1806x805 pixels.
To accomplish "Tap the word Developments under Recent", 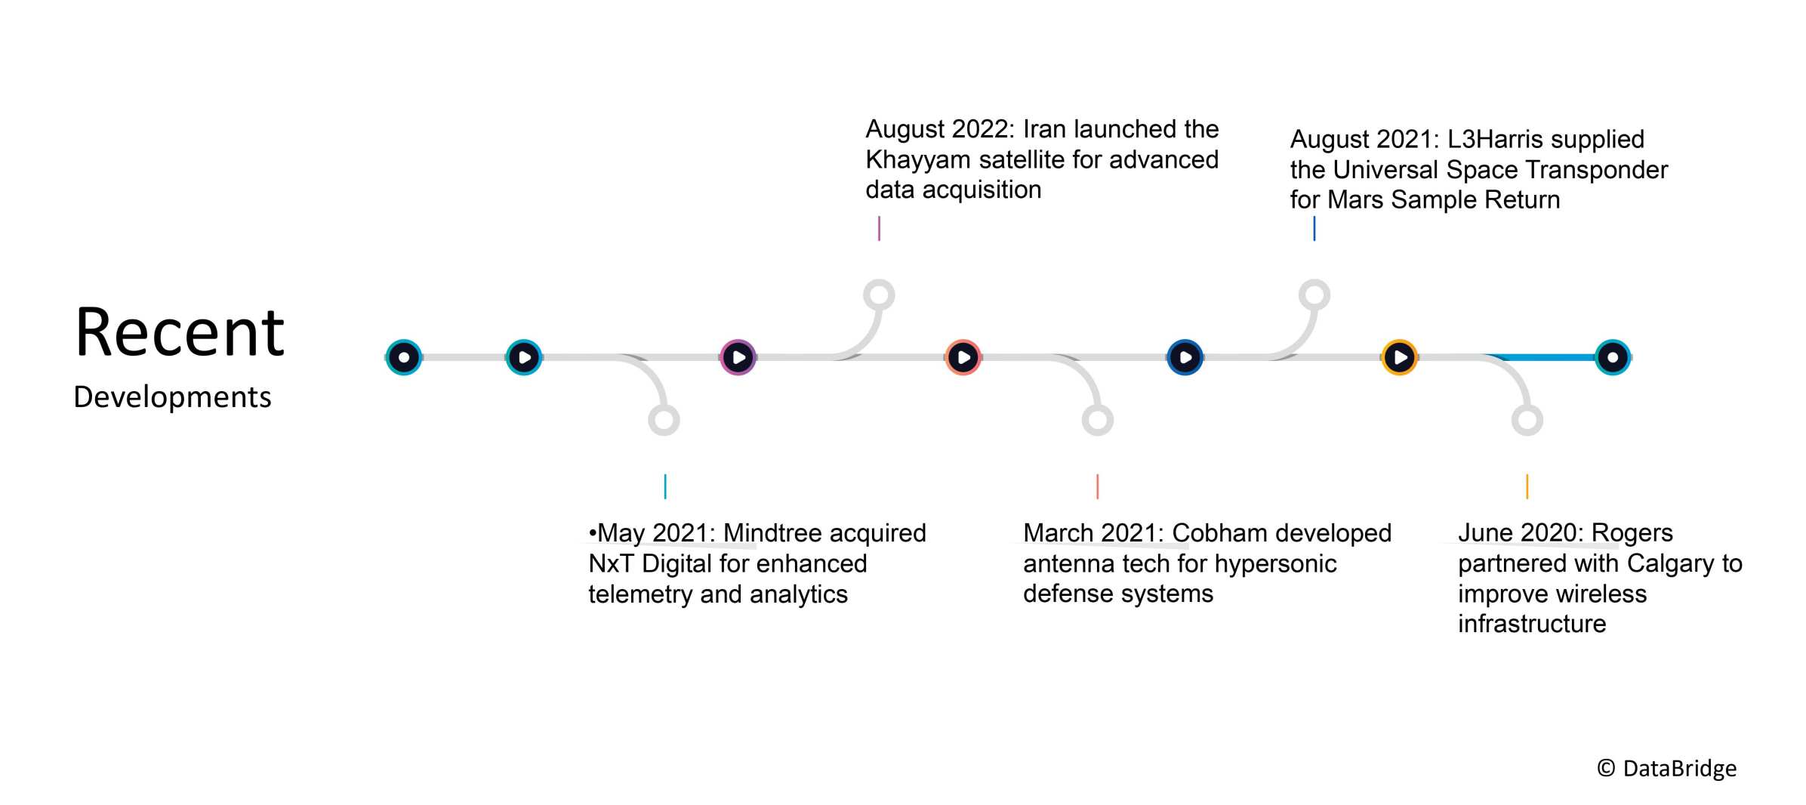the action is coord(172,397).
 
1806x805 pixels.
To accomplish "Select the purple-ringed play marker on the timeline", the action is coord(738,357).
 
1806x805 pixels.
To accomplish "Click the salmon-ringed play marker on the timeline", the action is coord(963,357).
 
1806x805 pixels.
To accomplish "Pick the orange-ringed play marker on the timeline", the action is coord(1399,357).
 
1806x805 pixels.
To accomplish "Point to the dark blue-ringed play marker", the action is coord(1185,357).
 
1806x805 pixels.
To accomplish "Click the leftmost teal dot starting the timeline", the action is coord(404,357).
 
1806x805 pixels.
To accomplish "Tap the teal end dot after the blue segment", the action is coord(1613,357).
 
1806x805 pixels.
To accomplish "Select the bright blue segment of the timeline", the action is coord(1540,357).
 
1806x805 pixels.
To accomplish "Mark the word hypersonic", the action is coord(1275,564).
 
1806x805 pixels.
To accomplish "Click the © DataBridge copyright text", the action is coord(1666,769).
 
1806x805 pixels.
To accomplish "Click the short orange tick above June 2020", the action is coord(1527,486).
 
